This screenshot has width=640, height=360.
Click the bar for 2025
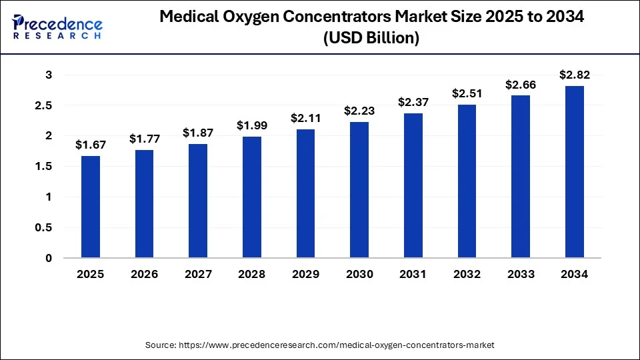pos(91,207)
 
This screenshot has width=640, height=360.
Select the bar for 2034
pos(575,172)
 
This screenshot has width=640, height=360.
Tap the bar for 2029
pos(305,193)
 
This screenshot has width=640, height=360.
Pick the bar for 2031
pos(413,185)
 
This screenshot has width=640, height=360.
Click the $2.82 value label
pos(575,75)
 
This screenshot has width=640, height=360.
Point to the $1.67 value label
pos(91,145)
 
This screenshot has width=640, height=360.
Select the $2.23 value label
pos(359,111)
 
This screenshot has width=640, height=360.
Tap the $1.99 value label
pos(252,125)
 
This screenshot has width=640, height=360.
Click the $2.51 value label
pos(467,93)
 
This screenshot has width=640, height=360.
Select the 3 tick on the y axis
pos(49,75)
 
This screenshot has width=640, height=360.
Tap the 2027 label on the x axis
pos(198,274)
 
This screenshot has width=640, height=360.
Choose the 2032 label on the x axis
pos(467,274)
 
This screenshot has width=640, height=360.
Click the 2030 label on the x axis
pos(359,274)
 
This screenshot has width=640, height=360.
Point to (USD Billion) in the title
pos(371,39)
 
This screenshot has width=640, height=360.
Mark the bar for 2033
pos(521,177)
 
